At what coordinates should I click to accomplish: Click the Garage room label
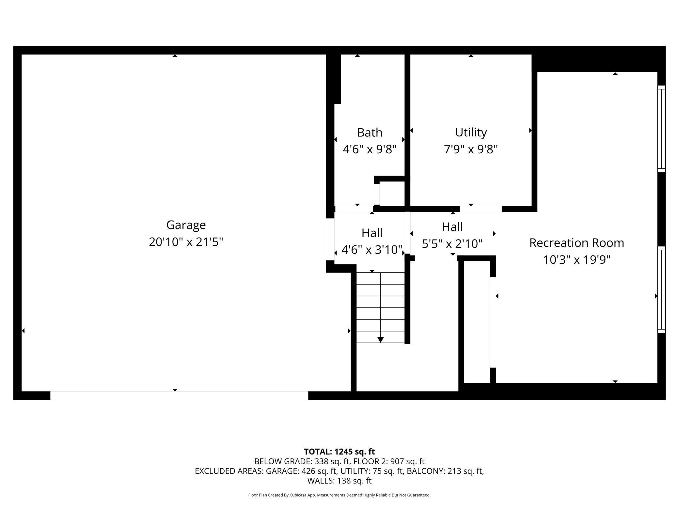tap(186, 225)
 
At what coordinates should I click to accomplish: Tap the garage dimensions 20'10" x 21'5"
tap(186, 242)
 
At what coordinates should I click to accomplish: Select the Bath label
tap(370, 132)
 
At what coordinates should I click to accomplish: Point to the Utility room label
tap(471, 132)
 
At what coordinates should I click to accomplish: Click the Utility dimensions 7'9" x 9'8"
tap(471, 149)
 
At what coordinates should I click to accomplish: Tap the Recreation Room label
tap(576, 243)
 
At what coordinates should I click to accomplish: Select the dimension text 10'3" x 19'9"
tap(576, 260)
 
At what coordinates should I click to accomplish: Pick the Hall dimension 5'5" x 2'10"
tap(452, 244)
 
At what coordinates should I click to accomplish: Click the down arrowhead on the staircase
tap(380, 340)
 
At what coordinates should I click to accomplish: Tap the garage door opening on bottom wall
tap(179, 395)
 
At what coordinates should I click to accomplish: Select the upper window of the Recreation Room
tap(661, 129)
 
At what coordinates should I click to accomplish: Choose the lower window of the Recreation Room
tap(661, 290)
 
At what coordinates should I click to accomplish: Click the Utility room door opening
tap(481, 209)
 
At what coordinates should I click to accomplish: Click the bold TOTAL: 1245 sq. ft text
tap(339, 452)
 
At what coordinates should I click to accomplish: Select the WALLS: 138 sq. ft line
tap(339, 481)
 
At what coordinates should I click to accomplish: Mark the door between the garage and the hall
tap(330, 239)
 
